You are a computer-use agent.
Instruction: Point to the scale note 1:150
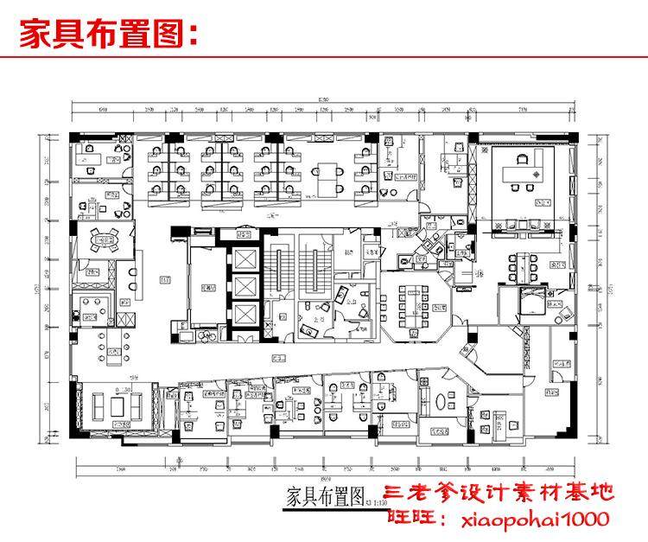(x=375, y=499)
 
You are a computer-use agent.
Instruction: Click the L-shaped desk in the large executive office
(x=529, y=167)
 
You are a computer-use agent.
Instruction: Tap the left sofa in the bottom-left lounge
(x=98, y=405)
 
